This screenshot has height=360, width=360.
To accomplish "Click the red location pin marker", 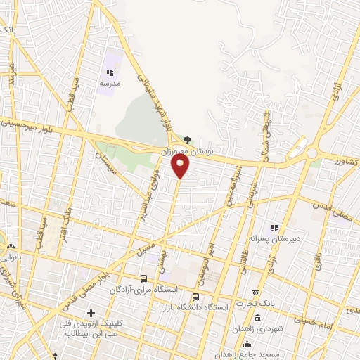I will point(181,167).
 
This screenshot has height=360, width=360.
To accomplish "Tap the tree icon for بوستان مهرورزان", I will point(186,140).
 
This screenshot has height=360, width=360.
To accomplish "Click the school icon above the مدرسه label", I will point(110,72).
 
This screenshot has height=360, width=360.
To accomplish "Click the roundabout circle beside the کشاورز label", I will point(310,153).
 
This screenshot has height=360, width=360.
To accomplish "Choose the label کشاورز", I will point(347,162).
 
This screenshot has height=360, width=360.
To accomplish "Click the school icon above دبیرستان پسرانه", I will point(275,228).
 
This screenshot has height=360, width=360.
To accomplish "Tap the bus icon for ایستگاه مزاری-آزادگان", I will point(144,278).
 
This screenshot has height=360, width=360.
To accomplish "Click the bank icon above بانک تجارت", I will point(255,293).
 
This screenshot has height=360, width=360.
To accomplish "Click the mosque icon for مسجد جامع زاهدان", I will point(247,344).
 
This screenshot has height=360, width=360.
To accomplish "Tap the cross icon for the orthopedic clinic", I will point(91,313).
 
